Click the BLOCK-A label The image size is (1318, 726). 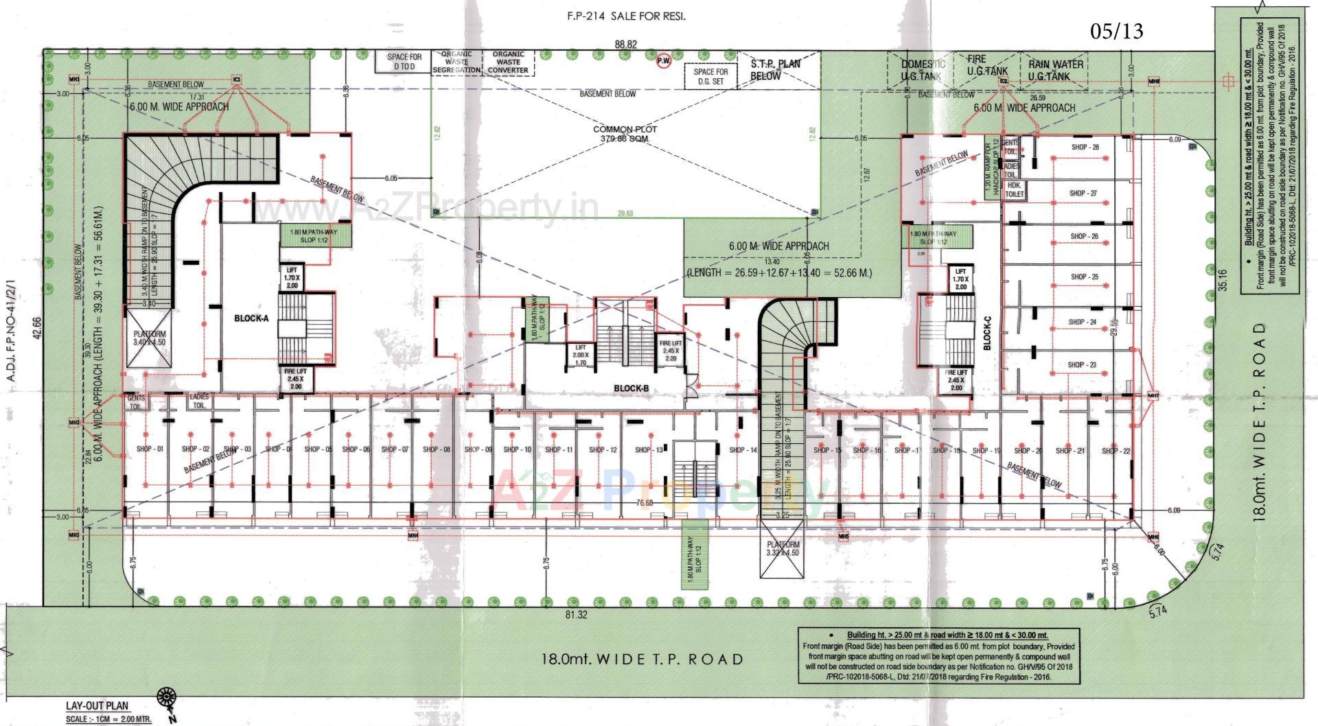(x=251, y=318)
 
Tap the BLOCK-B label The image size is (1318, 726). (x=631, y=388)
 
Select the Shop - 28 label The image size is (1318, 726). (x=1085, y=148)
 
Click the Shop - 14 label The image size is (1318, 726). (x=743, y=450)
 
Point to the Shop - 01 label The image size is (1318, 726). (x=150, y=449)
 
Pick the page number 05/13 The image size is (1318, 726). (x=1116, y=31)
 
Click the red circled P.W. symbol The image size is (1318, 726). (x=663, y=62)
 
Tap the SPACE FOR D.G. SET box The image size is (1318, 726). (x=710, y=76)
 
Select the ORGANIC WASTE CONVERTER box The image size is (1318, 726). (x=508, y=62)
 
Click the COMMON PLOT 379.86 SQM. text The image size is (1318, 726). (x=625, y=134)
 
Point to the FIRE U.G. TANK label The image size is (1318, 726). (x=986, y=66)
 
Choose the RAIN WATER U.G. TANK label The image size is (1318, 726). (x=1055, y=70)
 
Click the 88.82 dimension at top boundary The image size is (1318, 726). (x=625, y=44)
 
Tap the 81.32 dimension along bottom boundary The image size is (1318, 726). (x=576, y=615)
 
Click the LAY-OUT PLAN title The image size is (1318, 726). (x=97, y=705)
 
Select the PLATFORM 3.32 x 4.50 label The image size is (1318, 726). (x=783, y=548)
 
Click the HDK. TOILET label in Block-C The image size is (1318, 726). (x=1015, y=190)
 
